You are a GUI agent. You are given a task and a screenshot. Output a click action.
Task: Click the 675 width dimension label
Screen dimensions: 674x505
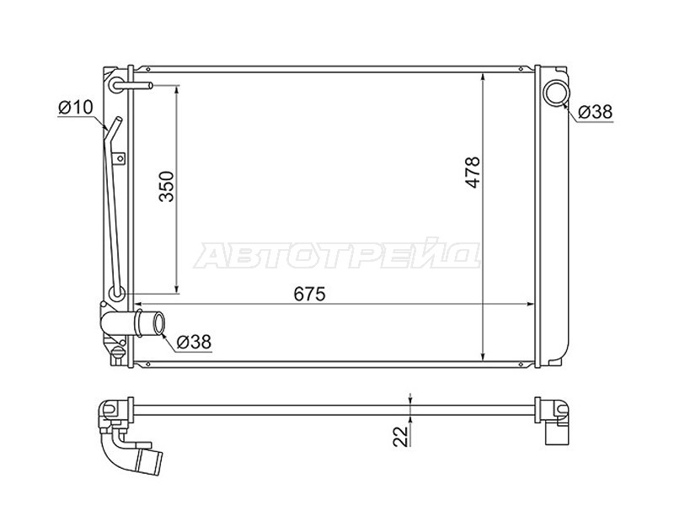point(310,294)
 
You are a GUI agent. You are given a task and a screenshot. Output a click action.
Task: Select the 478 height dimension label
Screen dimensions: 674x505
point(473,172)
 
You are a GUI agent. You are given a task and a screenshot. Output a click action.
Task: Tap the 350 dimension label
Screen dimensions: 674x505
point(166,186)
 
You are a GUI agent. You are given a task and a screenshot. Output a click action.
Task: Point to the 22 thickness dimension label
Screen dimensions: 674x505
point(401,437)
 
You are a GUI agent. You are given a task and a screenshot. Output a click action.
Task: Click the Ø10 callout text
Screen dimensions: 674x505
point(76,108)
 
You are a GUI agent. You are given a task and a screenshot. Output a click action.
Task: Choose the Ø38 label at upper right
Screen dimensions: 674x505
point(595,112)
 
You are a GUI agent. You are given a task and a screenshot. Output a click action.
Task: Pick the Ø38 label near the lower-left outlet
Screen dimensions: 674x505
point(194,342)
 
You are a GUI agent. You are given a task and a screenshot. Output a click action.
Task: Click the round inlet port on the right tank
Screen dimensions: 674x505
point(556,93)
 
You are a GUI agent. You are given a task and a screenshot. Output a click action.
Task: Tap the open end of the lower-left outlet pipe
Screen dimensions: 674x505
point(159,323)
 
